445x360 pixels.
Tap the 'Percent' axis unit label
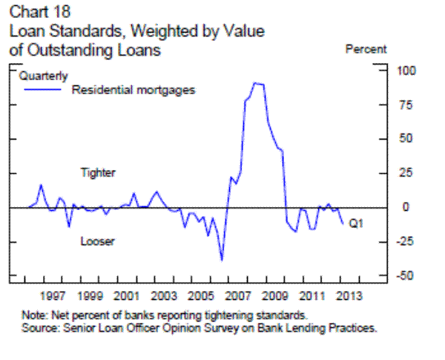coord(366,49)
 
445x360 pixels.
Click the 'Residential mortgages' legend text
coord(133,90)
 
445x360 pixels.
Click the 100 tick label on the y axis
coord(406,71)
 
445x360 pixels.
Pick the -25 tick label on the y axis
coord(406,242)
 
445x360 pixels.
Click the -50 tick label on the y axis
coord(406,276)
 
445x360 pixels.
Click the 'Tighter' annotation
coord(98,173)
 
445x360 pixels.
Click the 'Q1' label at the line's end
coord(355,222)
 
